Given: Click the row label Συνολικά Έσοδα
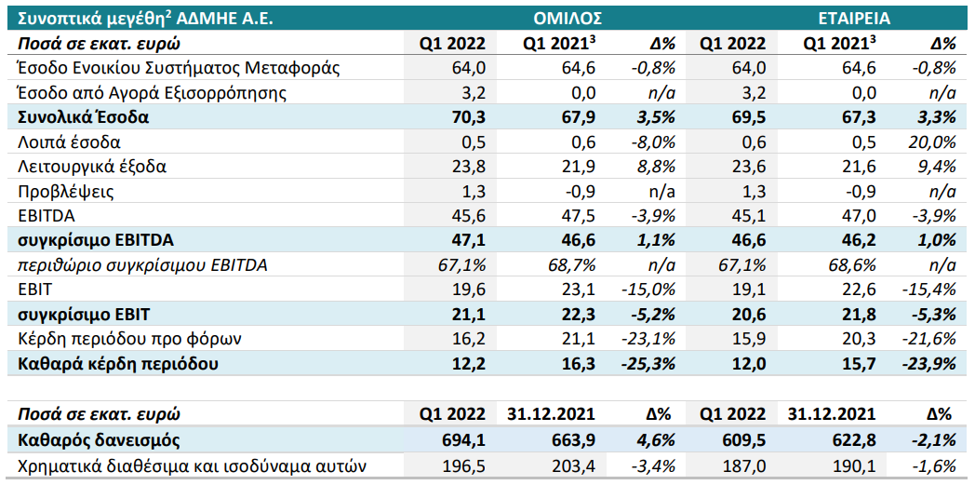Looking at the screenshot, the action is click(84, 117).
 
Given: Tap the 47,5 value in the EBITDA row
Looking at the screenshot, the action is click(581, 216).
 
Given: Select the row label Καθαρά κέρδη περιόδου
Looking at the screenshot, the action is click(118, 364).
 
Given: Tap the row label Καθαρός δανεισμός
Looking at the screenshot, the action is click(99, 441).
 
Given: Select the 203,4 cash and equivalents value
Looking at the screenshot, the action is click(575, 466).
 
